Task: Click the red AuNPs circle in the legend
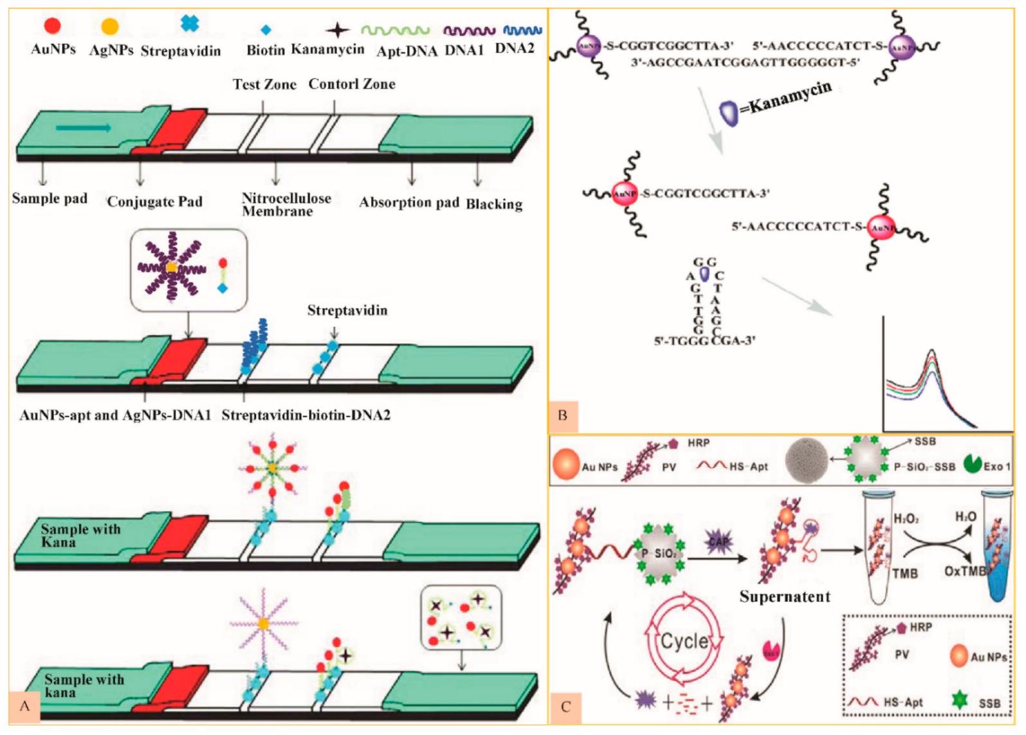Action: coord(52,26)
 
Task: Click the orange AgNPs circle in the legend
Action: coord(110,26)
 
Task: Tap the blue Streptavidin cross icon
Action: coord(190,23)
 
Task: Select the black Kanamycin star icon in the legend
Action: coord(337,30)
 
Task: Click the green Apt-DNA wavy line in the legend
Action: coord(395,30)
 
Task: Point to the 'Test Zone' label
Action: coord(264,84)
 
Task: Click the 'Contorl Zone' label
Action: coord(352,84)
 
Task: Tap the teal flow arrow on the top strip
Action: coord(84,127)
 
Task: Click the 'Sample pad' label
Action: coord(50,198)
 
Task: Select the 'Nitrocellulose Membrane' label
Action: coord(286,205)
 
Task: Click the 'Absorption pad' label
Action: coord(409,202)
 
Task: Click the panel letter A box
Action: coord(24,706)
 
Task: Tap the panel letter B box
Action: coord(563,416)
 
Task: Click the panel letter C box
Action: coord(566,707)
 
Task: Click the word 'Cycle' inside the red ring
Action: coord(684,641)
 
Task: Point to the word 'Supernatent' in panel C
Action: coord(785,597)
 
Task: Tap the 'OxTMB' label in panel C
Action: coord(964,572)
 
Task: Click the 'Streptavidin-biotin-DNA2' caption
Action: coord(306,415)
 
